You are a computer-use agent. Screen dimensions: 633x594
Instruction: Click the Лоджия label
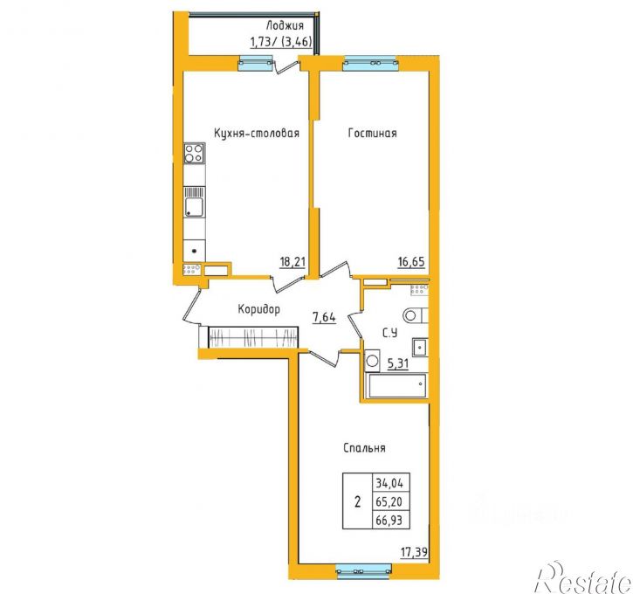tap(285, 26)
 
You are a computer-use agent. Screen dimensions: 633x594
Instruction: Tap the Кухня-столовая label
tap(257, 134)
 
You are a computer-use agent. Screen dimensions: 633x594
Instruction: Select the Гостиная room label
tap(372, 134)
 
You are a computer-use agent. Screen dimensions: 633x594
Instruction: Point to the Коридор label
tap(258, 310)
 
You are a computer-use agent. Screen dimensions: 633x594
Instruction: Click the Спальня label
tap(364, 448)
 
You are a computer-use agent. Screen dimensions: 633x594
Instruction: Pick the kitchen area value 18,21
tap(292, 262)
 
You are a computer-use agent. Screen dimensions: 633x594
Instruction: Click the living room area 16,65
tap(411, 262)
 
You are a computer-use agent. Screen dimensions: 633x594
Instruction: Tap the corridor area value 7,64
tap(324, 317)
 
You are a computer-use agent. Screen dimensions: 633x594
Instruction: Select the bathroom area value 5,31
tap(398, 364)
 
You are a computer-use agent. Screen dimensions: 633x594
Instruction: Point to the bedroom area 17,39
tap(414, 551)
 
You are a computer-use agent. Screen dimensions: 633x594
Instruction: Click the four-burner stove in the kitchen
tap(194, 154)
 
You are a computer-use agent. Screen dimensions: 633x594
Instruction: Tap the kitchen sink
tap(195, 202)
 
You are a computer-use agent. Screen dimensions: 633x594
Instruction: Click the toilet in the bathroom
tap(416, 315)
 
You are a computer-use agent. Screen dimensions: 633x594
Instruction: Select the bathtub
tap(396, 385)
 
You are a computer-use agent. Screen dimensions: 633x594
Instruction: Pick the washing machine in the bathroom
tap(372, 360)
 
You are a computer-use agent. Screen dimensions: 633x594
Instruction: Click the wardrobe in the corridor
tap(253, 337)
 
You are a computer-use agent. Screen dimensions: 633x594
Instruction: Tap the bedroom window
tap(364, 570)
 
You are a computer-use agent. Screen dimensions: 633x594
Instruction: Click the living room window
tap(370, 63)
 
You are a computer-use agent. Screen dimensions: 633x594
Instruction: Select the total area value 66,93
tap(389, 520)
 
